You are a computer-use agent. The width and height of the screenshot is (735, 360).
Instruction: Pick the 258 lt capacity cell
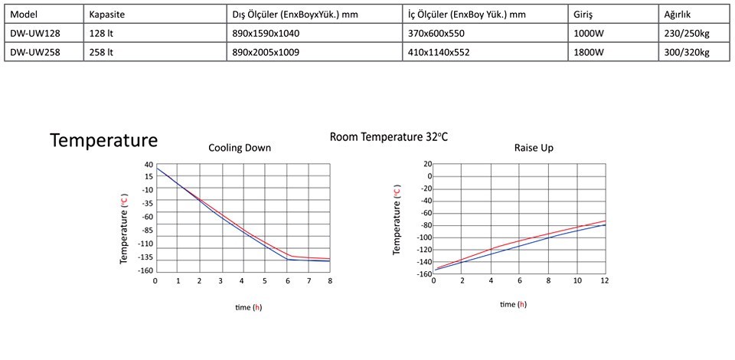[101, 52]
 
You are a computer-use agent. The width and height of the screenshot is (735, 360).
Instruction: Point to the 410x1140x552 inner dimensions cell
[436, 52]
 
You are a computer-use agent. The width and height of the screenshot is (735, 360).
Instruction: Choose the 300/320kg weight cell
[687, 52]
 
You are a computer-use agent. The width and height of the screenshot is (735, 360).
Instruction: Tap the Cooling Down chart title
[240, 148]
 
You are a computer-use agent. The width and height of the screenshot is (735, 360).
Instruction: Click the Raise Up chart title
[534, 148]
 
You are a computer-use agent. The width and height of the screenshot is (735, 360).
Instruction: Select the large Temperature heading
[103, 140]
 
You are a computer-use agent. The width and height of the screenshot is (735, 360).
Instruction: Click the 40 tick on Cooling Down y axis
[148, 165]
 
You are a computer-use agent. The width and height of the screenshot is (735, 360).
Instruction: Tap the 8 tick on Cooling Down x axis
[330, 282]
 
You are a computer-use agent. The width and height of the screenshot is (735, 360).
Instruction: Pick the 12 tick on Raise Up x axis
[604, 282]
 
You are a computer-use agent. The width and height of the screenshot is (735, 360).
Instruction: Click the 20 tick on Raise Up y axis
[428, 165]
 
